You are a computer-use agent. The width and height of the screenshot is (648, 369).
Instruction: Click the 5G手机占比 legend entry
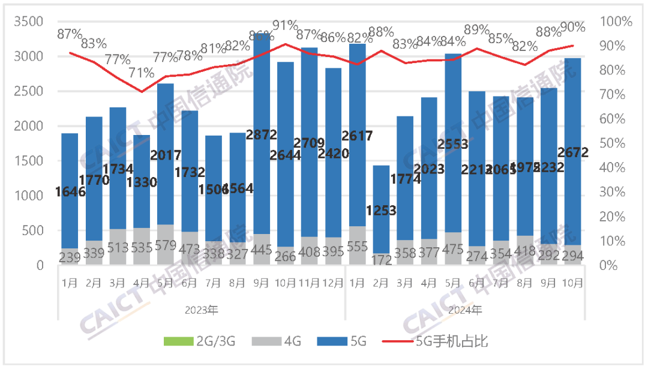click(441, 343)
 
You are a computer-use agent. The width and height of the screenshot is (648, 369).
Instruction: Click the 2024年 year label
click(466, 310)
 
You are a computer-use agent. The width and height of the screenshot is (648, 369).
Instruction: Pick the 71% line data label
click(142, 74)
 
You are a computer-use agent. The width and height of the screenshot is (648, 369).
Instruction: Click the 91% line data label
click(286, 25)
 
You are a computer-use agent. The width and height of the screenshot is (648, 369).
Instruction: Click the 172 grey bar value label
click(382, 260)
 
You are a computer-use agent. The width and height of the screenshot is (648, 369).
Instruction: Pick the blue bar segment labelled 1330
click(142, 198)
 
